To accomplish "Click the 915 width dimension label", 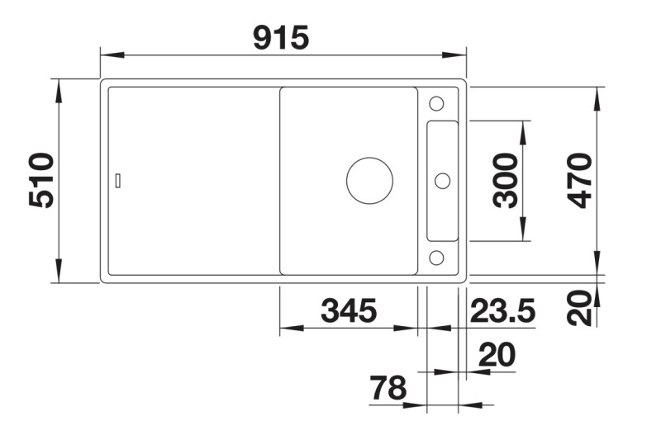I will click(x=281, y=37).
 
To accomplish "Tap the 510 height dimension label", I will click(x=41, y=180).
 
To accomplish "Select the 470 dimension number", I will click(x=582, y=180).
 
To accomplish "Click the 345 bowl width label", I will click(x=349, y=311).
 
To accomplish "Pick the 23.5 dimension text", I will click(x=503, y=311).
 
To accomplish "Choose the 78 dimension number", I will click(x=388, y=388).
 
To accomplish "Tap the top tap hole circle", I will click(x=436, y=104).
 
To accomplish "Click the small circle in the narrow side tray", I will click(x=442, y=180).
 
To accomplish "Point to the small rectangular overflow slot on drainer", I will click(x=119, y=180).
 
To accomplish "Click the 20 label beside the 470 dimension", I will click(x=582, y=307).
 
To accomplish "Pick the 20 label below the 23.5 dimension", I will click(x=497, y=355).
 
